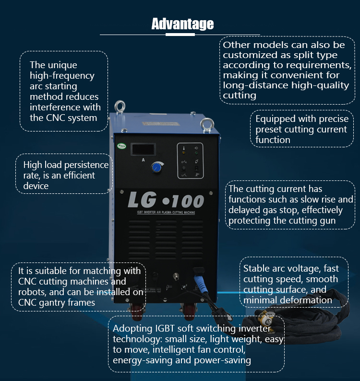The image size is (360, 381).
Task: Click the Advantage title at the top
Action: tap(182, 24)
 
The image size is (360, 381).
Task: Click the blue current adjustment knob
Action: tap(156, 167)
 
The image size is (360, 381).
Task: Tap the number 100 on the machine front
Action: tap(186, 201)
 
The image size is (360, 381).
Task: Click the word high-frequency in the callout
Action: tap(62, 76)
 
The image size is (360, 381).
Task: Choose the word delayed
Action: tap(244, 210)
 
